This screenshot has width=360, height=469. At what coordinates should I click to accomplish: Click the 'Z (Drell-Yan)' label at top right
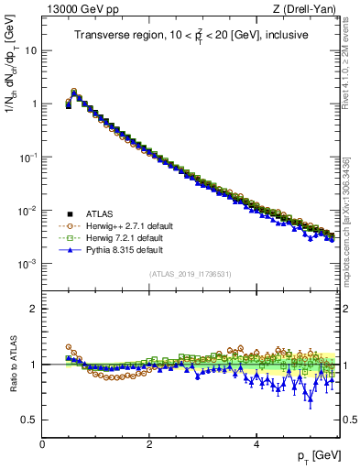click(x=308, y=10)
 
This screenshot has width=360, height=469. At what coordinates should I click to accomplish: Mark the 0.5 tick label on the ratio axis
click(x=28, y=420)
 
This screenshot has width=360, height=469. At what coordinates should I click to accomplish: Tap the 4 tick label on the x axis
click(x=256, y=443)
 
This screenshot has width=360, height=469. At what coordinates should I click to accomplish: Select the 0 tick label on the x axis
click(x=43, y=443)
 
